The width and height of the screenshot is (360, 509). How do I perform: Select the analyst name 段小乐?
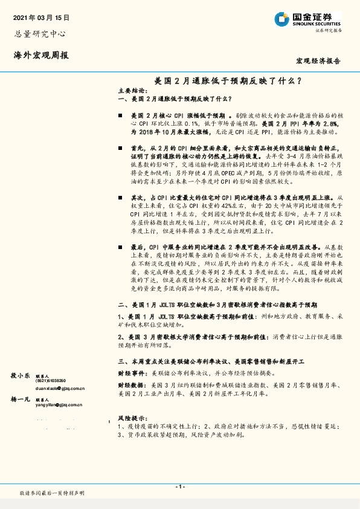21,375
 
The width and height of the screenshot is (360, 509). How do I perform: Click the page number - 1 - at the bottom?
180,487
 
